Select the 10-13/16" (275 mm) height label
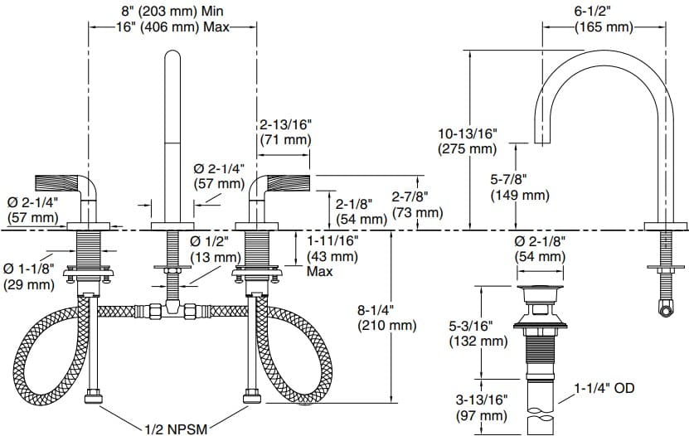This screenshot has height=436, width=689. tap(467, 141)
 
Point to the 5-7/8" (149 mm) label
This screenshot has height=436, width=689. tap(520, 187)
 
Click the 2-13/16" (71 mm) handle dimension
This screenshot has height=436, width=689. tap(285, 133)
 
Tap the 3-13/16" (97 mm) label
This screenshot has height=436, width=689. tap(480, 406)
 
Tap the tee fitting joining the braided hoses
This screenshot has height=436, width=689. tap(172, 311)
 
